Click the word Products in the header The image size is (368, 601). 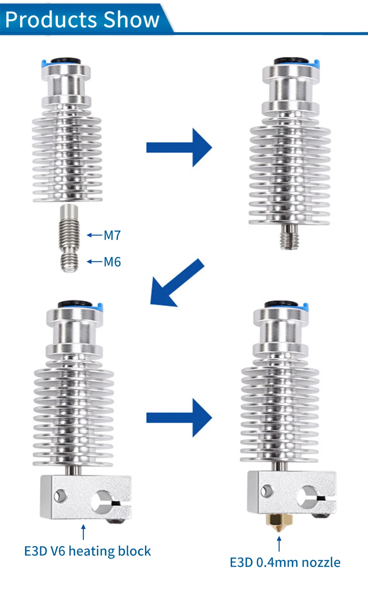coord(52,20)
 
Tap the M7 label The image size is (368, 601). coord(112,235)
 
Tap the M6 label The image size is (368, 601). coord(112,262)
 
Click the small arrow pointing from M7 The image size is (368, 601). coord(94,235)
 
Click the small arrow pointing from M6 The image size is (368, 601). coord(94,262)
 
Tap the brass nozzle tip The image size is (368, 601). coord(279,523)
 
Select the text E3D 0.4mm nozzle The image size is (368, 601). coord(285,562)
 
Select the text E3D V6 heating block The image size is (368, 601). coord(87,551)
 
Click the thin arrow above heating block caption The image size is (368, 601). coord(84,532)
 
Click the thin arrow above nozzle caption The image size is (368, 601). coord(279,544)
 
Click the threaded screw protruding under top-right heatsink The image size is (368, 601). coord(289,237)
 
